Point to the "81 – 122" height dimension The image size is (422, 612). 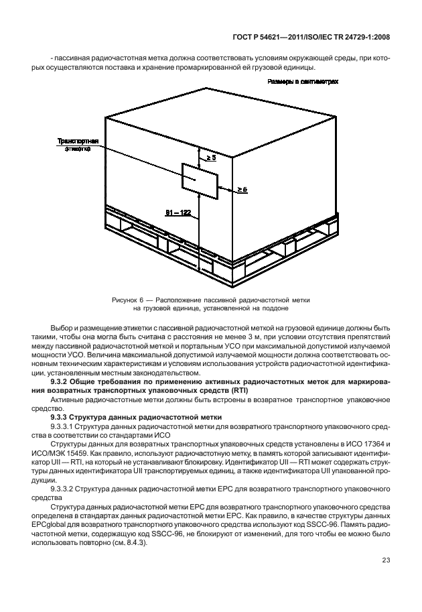(x=178, y=212)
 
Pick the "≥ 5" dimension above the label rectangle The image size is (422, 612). (x=210, y=157)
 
